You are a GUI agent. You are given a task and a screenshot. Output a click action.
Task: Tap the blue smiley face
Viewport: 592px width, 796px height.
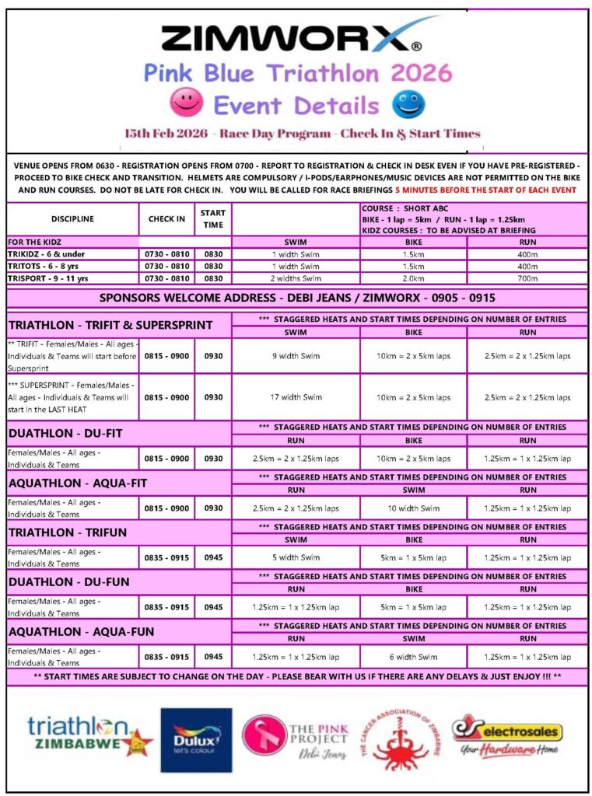coord(408,103)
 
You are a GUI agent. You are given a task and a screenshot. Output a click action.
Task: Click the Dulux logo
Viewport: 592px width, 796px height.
coord(196,739)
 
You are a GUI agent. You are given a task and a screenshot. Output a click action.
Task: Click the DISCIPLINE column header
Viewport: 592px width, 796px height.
coord(72,219)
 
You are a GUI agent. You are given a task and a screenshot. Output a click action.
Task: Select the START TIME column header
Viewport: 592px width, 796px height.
coord(212,219)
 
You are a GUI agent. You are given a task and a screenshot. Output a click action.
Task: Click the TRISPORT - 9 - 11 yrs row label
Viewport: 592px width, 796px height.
coord(72,278)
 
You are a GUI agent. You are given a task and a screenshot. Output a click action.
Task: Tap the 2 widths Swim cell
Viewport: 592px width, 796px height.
coord(296,278)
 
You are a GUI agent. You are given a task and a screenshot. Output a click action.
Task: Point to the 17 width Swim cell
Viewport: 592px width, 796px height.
coord(296,397)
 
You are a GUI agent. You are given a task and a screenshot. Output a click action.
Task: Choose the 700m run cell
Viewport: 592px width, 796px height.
coord(527,278)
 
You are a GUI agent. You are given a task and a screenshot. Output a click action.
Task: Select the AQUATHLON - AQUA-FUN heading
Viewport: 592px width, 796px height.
coord(82,632)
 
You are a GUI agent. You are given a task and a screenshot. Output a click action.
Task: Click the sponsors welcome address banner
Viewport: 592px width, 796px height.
coord(296,298)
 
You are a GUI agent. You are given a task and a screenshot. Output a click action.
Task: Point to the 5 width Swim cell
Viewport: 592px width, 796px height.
coord(296,557)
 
